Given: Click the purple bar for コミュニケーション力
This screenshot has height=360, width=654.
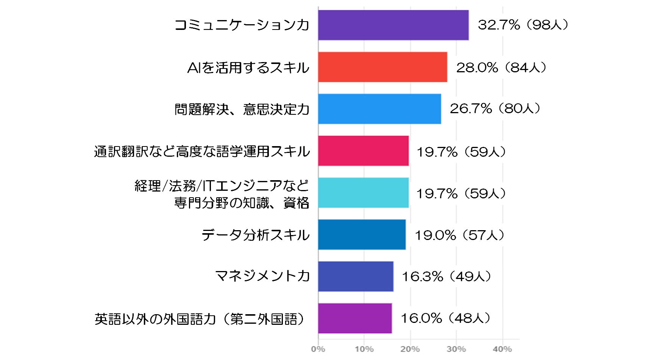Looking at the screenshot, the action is (393, 25).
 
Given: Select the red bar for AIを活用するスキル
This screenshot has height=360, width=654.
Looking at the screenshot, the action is (382, 67).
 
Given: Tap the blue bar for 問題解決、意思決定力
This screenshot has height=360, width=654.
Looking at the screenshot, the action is (379, 109).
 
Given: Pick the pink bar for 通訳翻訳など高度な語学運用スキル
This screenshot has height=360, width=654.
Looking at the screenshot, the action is (364, 151).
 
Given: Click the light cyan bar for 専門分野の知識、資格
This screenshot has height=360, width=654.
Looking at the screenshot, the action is (364, 193).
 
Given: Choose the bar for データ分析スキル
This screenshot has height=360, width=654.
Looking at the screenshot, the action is (362, 235).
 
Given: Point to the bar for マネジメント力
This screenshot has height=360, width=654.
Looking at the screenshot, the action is (356, 276).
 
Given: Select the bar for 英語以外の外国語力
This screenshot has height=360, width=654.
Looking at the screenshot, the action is (355, 318).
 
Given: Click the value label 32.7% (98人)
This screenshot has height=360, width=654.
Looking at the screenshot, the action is (523, 25).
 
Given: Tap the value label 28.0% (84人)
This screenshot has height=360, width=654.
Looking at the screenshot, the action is (501, 68).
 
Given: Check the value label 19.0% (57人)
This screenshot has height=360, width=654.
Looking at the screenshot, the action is (460, 235).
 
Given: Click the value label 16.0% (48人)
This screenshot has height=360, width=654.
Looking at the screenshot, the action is (446, 318).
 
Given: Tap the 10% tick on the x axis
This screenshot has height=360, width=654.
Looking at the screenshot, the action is (364, 349).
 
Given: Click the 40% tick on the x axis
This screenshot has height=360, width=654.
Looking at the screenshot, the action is (503, 349).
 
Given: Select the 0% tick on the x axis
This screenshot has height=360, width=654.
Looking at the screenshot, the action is (318, 349).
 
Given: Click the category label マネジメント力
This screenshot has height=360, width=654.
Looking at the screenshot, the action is (262, 276).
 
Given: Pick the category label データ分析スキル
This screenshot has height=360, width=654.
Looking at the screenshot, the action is (256, 235).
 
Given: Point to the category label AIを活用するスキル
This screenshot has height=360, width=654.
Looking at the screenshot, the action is (248, 68).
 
